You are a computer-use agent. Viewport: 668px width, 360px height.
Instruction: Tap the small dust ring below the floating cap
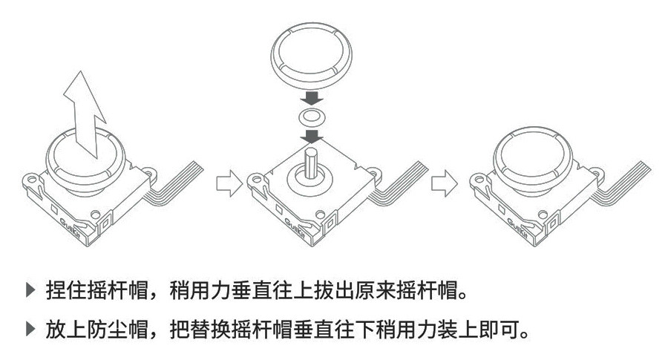[x=312, y=117]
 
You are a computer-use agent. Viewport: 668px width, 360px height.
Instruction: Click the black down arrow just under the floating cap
[x=312, y=97]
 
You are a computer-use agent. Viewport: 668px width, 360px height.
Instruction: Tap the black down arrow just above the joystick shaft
[x=312, y=136]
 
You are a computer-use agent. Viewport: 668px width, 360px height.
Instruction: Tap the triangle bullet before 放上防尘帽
[x=30, y=327]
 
